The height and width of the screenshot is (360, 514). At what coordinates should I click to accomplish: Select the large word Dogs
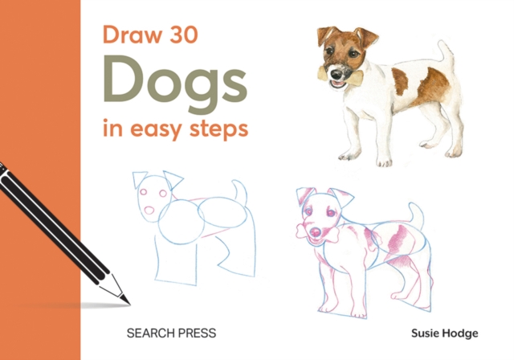173,81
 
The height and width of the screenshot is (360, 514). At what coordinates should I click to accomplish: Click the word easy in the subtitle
155,129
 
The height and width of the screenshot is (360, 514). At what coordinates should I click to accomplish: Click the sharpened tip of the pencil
125,301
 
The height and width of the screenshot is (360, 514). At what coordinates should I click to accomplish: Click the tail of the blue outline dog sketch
239,191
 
